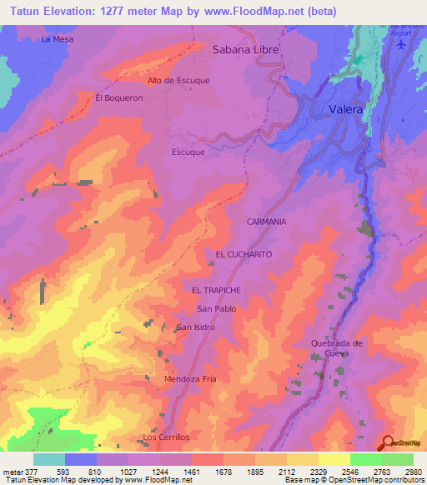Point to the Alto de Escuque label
[x=178, y=80]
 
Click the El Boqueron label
[x=119, y=97]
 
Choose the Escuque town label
[x=189, y=152]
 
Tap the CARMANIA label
[x=266, y=222]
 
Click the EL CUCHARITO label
[x=244, y=252]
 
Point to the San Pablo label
[x=216, y=308]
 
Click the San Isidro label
[x=196, y=327]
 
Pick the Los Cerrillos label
[x=166, y=437]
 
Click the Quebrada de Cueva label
[x=336, y=347]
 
